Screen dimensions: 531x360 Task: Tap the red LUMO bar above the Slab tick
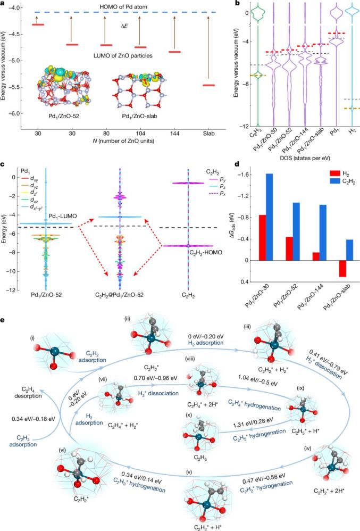(x=210, y=85)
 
